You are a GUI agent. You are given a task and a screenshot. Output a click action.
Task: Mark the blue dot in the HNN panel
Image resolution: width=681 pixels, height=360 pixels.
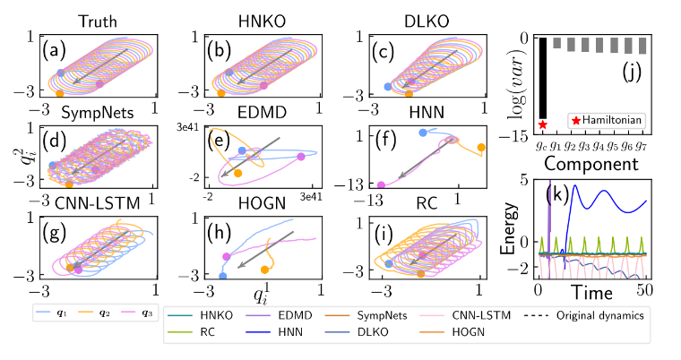tap(423, 133)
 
